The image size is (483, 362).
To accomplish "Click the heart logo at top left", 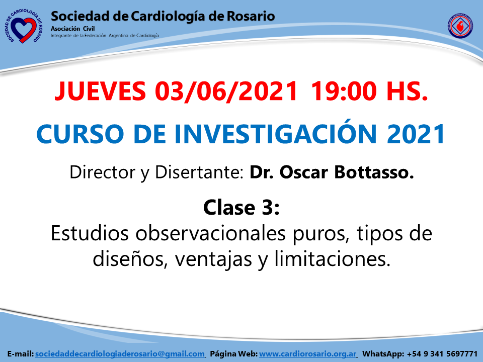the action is click(24, 27).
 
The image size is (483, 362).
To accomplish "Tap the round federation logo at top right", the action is click(460, 26).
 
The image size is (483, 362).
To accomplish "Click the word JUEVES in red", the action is click(100, 91).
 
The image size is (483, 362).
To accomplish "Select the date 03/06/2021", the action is click(226, 91).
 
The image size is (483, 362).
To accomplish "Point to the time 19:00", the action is click(344, 91).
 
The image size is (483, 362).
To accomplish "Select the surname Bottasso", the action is click(374, 172).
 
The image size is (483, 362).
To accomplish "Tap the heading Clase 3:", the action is click(242, 208).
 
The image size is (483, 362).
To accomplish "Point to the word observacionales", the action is click(211, 233).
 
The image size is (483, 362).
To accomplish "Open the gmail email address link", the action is click(120, 354).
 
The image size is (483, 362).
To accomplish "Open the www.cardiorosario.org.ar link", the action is click(308, 354).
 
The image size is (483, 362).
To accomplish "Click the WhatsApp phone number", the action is click(442, 354).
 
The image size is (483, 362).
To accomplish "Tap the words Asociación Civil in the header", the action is click(72, 29).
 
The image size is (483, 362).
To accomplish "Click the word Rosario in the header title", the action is click(251, 16).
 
